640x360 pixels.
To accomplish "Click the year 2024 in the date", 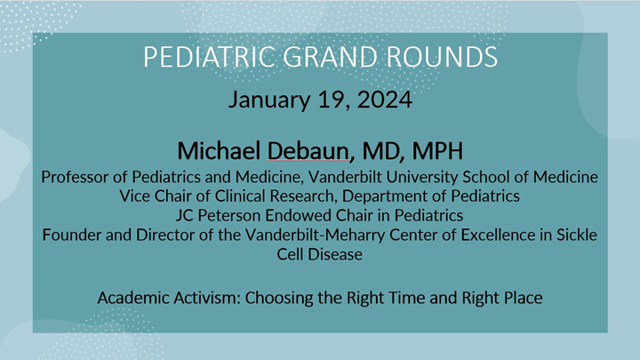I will pyautogui.click(x=386, y=99).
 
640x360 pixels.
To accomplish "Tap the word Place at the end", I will pyautogui.click(x=521, y=296).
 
